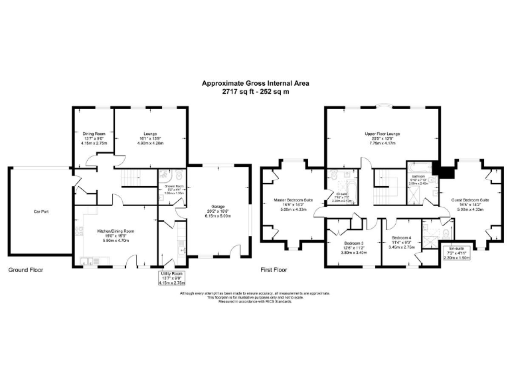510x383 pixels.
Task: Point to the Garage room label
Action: [x=218, y=206]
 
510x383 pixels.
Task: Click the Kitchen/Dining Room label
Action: [x=116, y=231]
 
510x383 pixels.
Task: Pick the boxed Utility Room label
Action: [x=172, y=274]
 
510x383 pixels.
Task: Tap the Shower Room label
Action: [x=173, y=187]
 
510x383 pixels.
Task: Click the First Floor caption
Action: [x=274, y=271]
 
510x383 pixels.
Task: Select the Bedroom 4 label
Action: [x=402, y=238]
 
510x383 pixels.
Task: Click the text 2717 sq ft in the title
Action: [x=238, y=92]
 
